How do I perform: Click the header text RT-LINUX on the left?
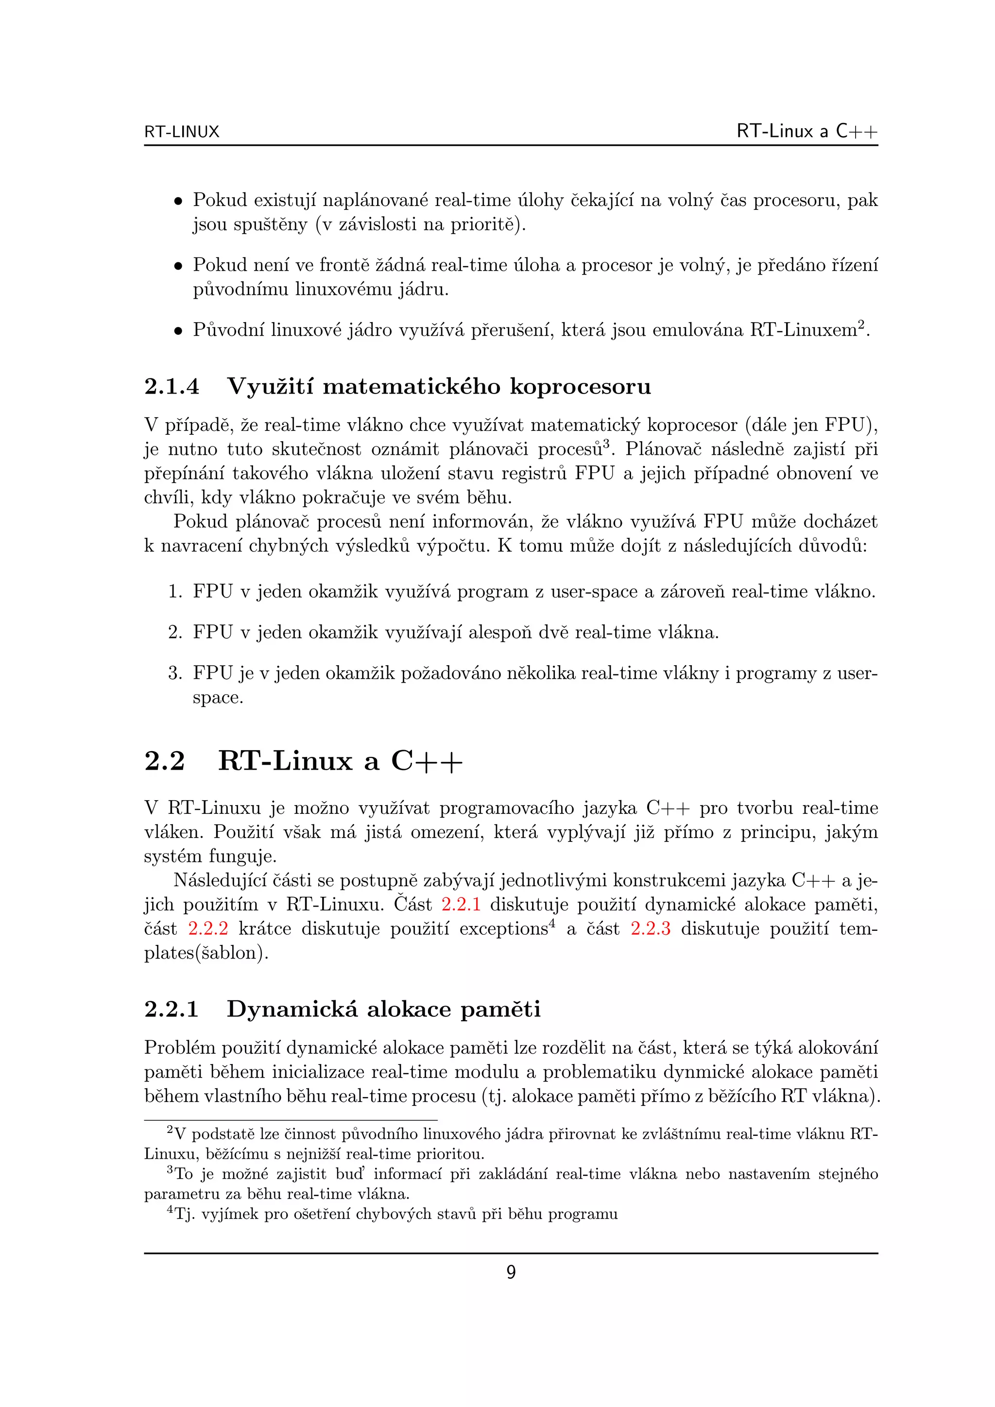pyautogui.click(x=181, y=132)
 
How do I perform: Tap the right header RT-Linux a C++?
pyautogui.click(x=807, y=131)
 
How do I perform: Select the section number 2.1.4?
pyautogui.click(x=172, y=387)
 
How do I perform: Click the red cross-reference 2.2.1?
pyautogui.click(x=461, y=904)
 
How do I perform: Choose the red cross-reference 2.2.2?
pyautogui.click(x=208, y=928)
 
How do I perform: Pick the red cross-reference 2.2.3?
pyautogui.click(x=650, y=928)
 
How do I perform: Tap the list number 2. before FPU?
pyautogui.click(x=175, y=632)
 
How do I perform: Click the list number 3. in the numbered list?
pyautogui.click(x=175, y=673)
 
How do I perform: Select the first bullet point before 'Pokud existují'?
pyautogui.click(x=178, y=201)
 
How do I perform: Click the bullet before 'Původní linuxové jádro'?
pyautogui.click(x=178, y=331)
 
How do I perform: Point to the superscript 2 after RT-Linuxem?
pyautogui.click(x=860, y=324)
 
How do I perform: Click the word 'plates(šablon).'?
pyautogui.click(x=206, y=953)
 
